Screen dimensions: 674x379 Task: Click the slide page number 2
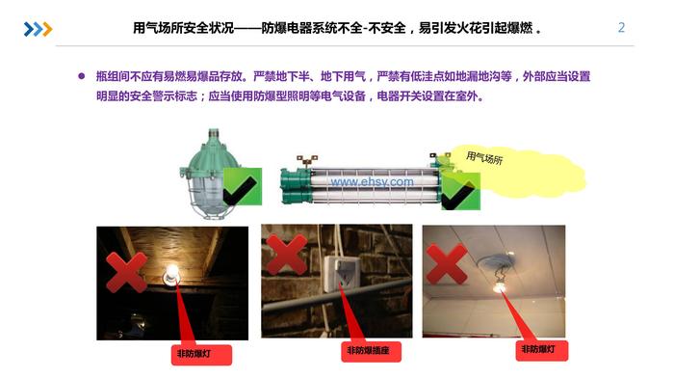[621, 28]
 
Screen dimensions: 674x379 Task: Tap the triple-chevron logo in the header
[38, 29]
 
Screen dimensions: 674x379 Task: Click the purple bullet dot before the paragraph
[82, 76]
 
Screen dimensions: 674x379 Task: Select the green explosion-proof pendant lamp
[209, 174]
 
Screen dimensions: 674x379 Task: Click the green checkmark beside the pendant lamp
[243, 187]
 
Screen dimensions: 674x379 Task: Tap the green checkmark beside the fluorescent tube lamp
[461, 191]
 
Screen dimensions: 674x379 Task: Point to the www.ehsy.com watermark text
[373, 181]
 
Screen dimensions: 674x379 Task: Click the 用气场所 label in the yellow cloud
[484, 157]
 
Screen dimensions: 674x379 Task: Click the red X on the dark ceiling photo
[127, 272]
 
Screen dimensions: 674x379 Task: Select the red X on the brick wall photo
[287, 254]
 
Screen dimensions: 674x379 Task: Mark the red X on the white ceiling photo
[447, 263]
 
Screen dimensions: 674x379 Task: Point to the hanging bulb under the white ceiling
[499, 285]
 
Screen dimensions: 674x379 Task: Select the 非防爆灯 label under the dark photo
[201, 355]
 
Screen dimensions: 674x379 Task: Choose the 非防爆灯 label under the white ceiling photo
[541, 350]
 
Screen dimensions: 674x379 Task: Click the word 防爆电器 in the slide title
[287, 28]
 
